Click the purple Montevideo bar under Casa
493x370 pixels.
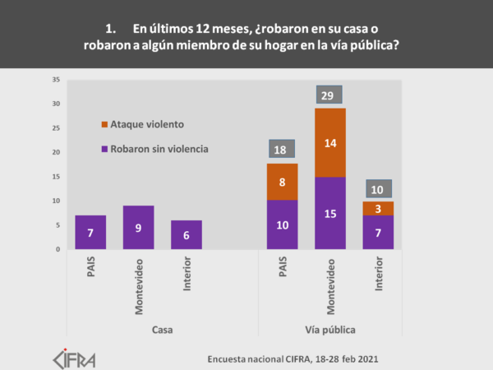138,227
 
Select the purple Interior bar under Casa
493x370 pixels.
186,234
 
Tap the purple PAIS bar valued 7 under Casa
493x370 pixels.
90,232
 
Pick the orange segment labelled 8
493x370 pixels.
283,182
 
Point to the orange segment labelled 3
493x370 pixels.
379,208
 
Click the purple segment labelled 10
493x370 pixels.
283,224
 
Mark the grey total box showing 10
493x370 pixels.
379,188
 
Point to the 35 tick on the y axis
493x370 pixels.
56,80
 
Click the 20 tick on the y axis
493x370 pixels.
56,152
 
